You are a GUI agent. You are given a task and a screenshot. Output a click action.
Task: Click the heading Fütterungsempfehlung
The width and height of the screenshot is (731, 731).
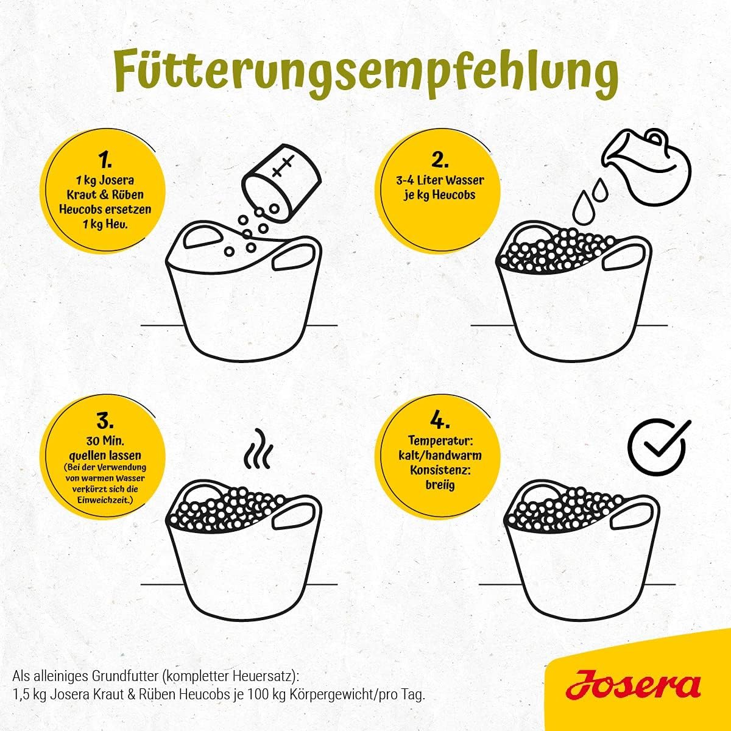coord(366,74)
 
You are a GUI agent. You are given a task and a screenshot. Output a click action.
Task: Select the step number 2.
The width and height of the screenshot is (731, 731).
coord(440,160)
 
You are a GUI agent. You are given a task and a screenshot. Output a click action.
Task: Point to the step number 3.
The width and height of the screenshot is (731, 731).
coord(105,421)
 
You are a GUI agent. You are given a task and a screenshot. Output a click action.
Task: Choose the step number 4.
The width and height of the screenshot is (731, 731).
coord(440,421)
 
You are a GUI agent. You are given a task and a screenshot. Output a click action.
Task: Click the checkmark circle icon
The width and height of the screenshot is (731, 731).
coord(660,447)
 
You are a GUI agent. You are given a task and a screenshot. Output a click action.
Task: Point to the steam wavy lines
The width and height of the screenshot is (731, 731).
coord(258,449)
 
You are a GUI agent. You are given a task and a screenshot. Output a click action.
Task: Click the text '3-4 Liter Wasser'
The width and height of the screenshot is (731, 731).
coord(440,180)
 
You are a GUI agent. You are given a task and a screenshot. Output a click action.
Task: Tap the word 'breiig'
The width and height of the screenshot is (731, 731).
coord(440,485)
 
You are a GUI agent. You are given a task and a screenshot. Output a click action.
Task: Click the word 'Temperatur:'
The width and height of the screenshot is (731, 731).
coord(440,441)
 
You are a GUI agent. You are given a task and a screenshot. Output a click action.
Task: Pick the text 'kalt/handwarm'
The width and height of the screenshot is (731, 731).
coord(440,455)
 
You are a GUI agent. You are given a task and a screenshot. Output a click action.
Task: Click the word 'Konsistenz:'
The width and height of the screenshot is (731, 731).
coord(440,470)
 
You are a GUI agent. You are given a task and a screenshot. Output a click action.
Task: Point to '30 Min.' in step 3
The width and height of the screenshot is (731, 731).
coord(105,441)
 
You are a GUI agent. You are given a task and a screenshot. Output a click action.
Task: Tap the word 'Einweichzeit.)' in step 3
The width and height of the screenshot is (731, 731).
coord(105,500)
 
